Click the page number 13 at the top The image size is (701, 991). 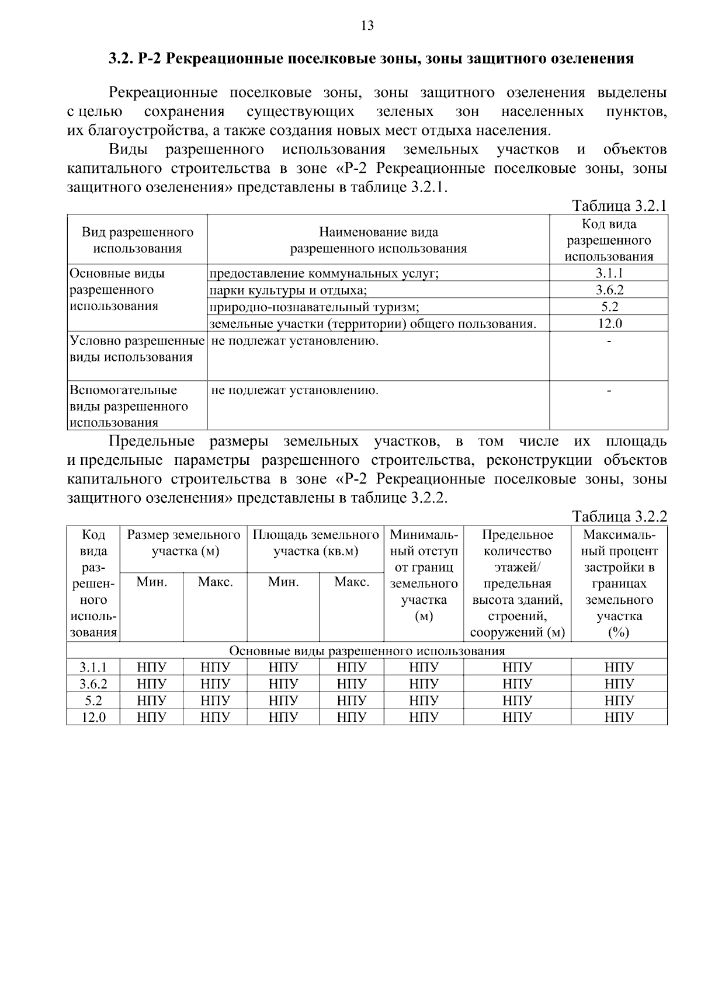point(367,26)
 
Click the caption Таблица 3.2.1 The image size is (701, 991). point(619,206)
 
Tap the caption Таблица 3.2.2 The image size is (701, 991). point(619,517)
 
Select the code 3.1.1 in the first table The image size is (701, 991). point(609,273)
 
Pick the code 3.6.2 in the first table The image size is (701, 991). point(609,290)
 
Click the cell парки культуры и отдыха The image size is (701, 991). point(288,290)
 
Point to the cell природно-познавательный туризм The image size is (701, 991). point(314,307)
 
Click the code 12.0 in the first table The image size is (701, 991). point(609,324)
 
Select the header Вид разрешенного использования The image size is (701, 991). point(137,240)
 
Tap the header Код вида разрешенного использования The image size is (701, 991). point(609,240)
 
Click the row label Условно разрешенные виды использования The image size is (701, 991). point(137,349)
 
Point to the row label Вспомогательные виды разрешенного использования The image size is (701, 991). point(129,406)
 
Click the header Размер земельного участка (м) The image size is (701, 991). point(184,543)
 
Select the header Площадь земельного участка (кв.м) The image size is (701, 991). point(315,543)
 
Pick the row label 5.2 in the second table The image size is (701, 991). point(93,700)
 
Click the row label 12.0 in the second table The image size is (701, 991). point(93,717)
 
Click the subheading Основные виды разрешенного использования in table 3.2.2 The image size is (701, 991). point(367,651)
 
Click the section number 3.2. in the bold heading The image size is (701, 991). point(122,59)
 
